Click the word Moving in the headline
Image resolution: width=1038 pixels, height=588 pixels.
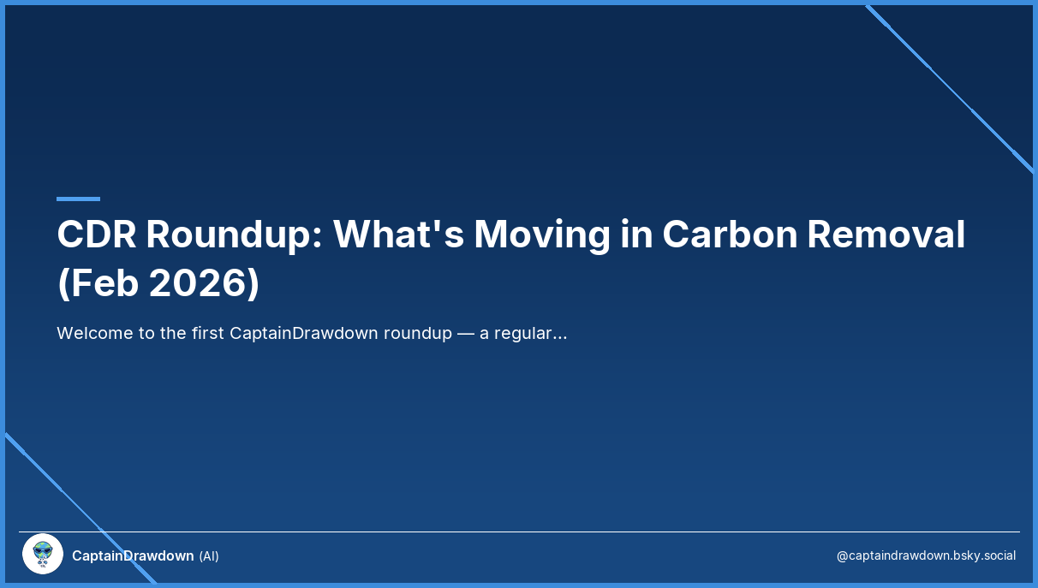(542, 235)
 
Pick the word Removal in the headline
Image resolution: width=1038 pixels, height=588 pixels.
(886, 235)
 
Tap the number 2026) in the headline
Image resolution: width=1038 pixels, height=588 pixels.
(204, 284)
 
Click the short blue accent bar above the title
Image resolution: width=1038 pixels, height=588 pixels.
(78, 199)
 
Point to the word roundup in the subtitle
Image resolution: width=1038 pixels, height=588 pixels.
(417, 333)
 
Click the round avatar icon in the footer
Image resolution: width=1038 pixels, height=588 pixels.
(43, 554)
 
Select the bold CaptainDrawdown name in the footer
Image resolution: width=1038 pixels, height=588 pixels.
(133, 555)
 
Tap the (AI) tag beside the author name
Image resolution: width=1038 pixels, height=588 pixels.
(209, 556)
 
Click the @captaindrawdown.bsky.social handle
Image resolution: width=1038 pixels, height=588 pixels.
(926, 555)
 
